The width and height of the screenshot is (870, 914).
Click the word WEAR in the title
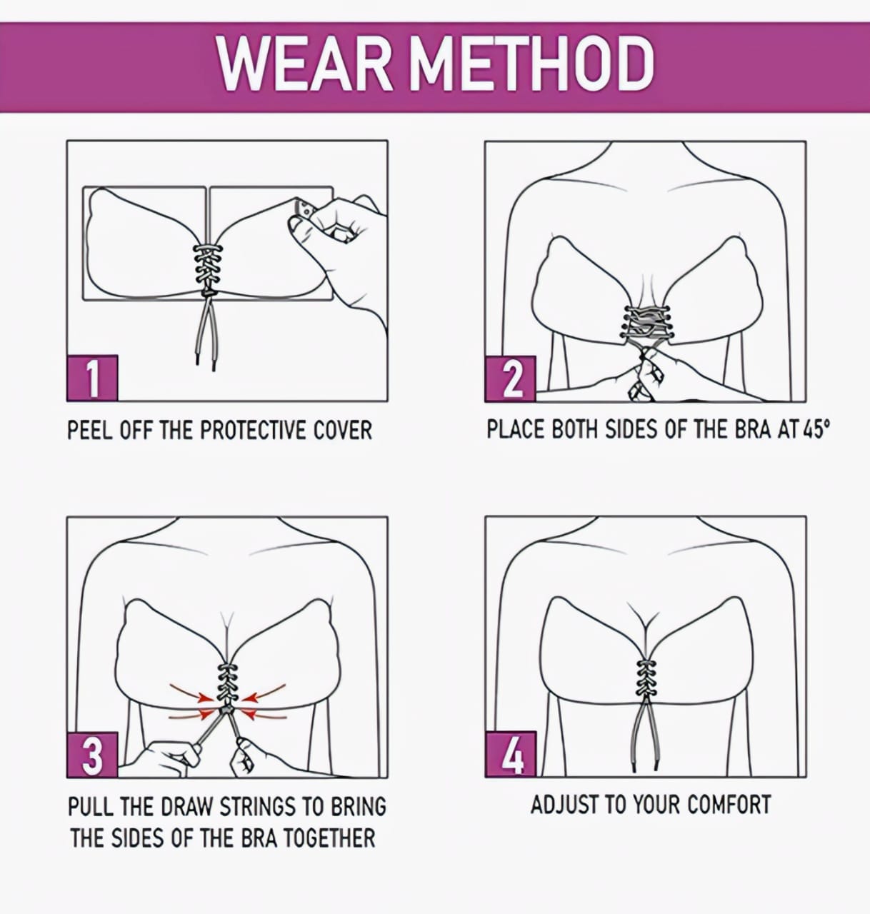point(305,64)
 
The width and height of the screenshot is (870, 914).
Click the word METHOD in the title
point(531,64)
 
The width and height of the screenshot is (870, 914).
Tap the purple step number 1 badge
point(93,378)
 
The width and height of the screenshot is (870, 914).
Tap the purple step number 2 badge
point(511,379)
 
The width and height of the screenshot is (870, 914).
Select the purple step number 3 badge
point(93,755)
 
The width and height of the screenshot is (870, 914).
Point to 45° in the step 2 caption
point(816,429)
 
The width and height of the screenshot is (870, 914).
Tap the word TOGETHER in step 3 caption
point(329,838)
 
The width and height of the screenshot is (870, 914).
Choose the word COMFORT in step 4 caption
point(729,805)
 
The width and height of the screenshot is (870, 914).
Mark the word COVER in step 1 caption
point(343,430)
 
